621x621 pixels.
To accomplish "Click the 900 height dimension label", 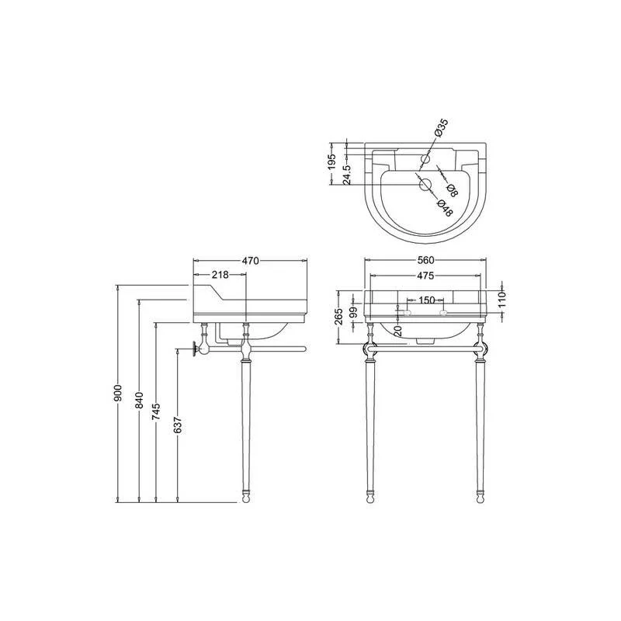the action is pyautogui.click(x=119, y=393).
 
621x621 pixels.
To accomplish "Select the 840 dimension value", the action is pyautogui.click(x=140, y=401).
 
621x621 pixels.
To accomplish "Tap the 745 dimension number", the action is pyautogui.click(x=157, y=412).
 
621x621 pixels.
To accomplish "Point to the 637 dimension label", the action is pyautogui.click(x=178, y=425).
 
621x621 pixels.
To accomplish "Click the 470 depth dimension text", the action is pyautogui.click(x=250, y=261).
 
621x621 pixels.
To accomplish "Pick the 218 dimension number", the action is pyautogui.click(x=220, y=275).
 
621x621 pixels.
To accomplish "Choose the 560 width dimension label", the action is pyautogui.click(x=425, y=260).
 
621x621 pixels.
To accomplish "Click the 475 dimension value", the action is pyautogui.click(x=425, y=276).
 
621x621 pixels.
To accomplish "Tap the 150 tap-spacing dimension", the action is pyautogui.click(x=427, y=300).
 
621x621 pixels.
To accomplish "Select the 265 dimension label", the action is pyautogui.click(x=339, y=317).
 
